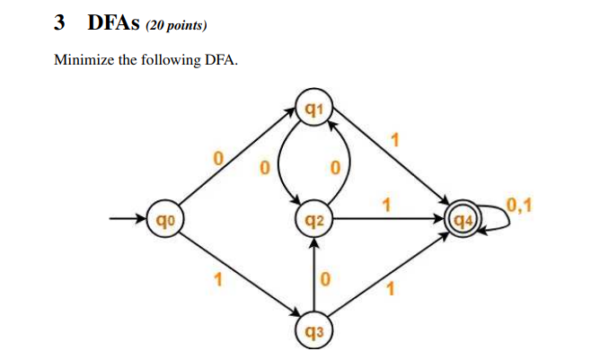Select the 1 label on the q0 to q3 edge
point(216,280)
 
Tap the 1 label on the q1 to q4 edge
point(393,139)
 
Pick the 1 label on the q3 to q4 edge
point(391,289)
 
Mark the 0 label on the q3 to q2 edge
point(327,280)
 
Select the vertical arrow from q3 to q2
point(314,274)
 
